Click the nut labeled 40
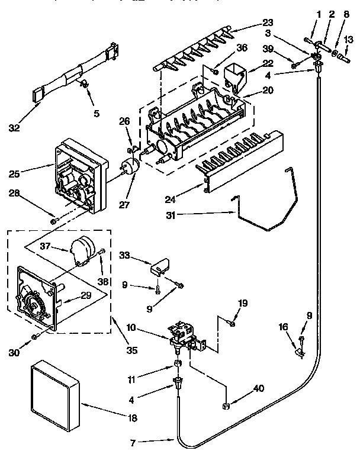pyautogui.click(x=226, y=406)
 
